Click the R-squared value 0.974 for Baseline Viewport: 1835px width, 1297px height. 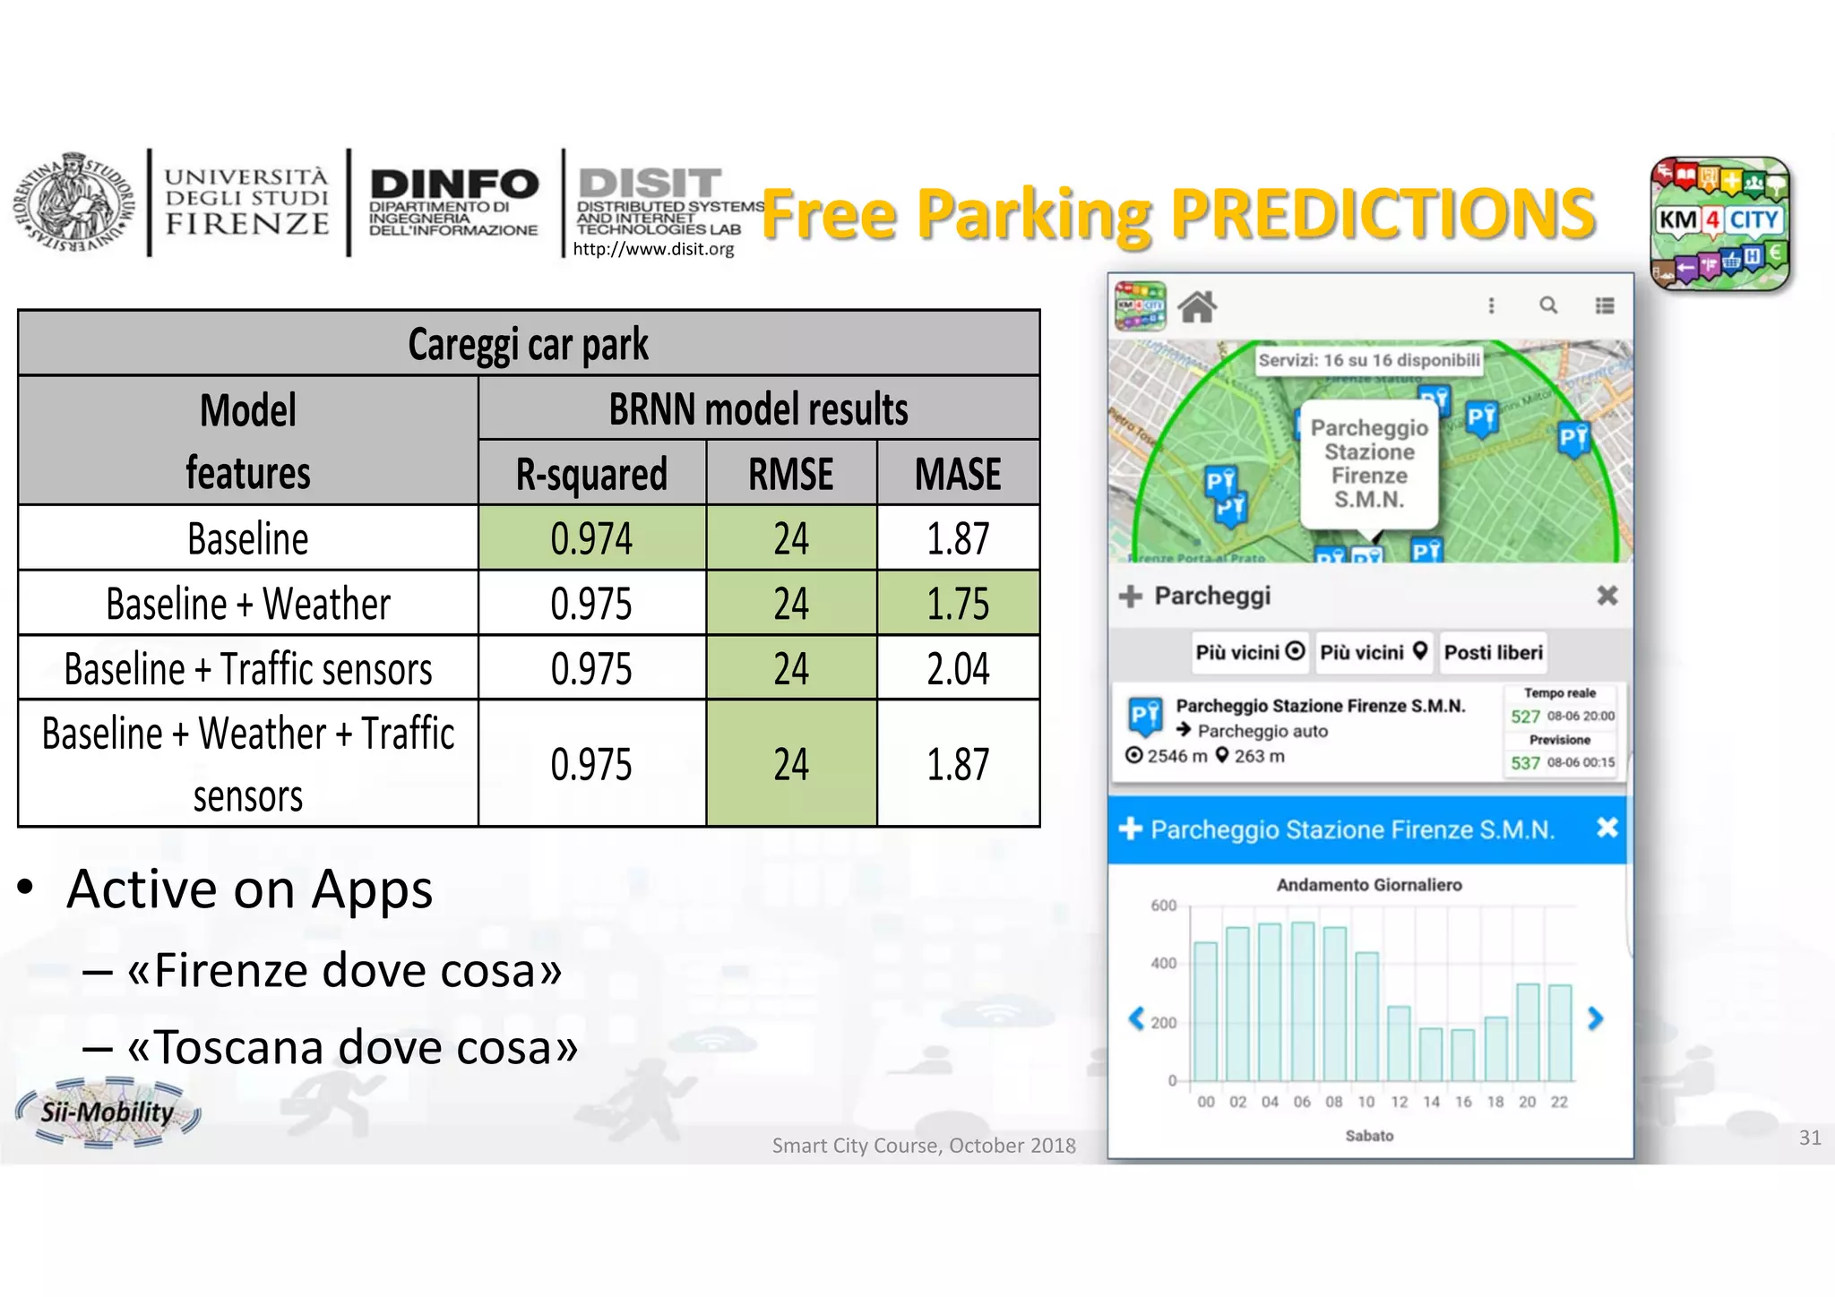pyautogui.click(x=591, y=538)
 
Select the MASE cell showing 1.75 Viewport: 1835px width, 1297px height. pyautogui.click(x=958, y=604)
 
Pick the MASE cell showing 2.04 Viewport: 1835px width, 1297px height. pyautogui.click(x=958, y=669)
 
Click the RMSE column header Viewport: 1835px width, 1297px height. pyautogui.click(x=790, y=474)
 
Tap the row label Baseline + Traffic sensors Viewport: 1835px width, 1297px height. pyautogui.click(x=248, y=669)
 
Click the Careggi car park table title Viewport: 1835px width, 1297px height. pyautogui.click(x=528, y=344)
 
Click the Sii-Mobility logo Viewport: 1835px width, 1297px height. pyautogui.click(x=108, y=1112)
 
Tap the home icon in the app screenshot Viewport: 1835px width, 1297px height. pyautogui.click(x=1197, y=307)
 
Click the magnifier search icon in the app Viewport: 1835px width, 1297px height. pyautogui.click(x=1547, y=305)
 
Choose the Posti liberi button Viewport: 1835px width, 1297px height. pyautogui.click(x=1493, y=652)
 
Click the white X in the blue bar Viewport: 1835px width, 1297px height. pyautogui.click(x=1607, y=828)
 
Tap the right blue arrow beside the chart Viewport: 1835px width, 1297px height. pyautogui.click(x=1595, y=1018)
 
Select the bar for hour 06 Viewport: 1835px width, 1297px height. pyautogui.click(x=1302, y=1001)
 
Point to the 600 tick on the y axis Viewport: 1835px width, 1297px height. pyautogui.click(x=1163, y=906)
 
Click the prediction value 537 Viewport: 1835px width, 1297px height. pyautogui.click(x=1525, y=763)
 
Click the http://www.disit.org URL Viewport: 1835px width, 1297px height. pyautogui.click(x=653, y=249)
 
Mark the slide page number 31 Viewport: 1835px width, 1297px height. pyautogui.click(x=1809, y=1138)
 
